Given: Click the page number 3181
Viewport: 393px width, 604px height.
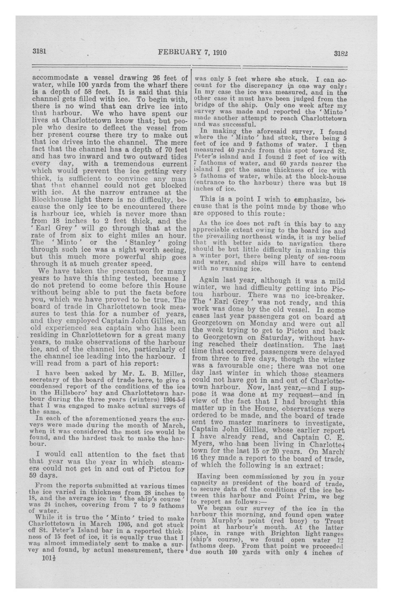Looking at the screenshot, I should [x=39, y=52].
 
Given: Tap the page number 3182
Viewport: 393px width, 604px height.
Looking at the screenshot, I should [x=340, y=54].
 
